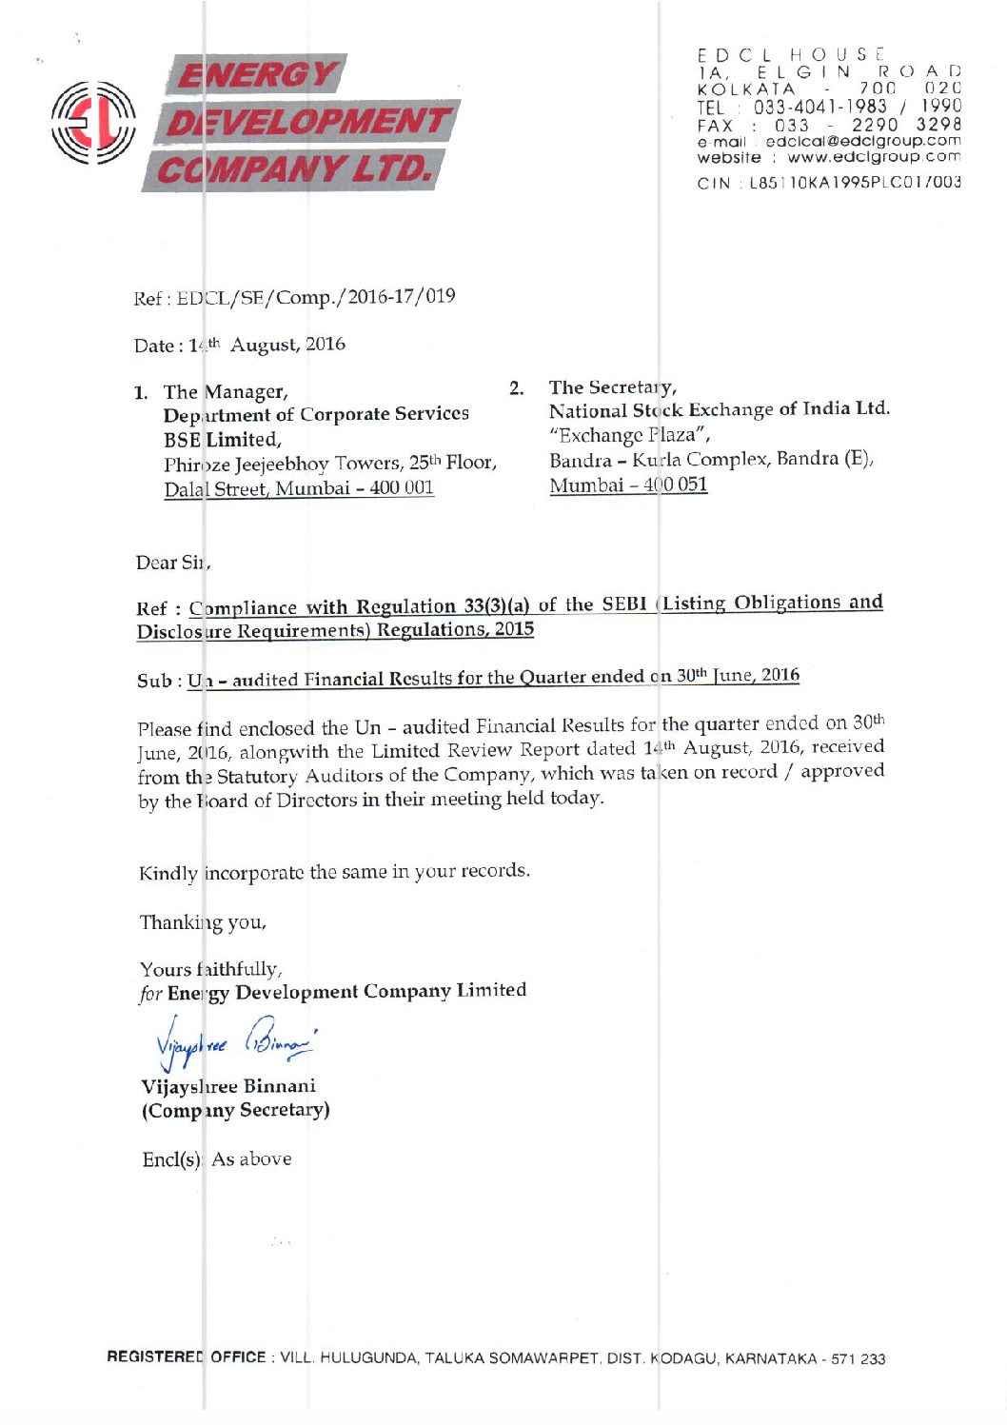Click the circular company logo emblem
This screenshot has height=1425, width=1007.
(93, 123)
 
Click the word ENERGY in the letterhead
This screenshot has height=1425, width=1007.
(258, 75)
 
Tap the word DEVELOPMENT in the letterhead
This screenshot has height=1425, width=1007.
(306, 122)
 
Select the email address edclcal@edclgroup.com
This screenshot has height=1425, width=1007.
(862, 141)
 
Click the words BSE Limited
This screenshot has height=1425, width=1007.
(222, 439)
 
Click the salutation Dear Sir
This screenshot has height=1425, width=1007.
(172, 563)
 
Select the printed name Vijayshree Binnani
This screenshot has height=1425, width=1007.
(228, 1086)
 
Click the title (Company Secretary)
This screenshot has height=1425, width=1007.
(235, 1110)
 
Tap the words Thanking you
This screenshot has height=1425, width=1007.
(203, 921)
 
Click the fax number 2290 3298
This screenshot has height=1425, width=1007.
(905, 125)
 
